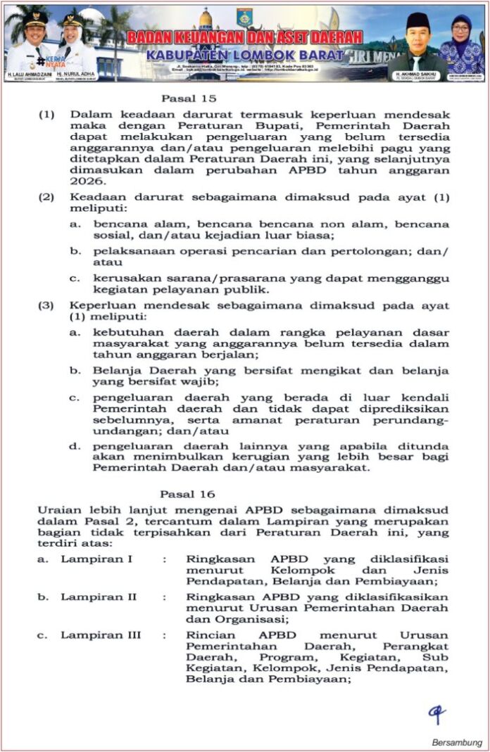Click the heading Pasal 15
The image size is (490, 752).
[189, 98]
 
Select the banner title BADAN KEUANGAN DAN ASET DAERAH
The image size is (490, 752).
[246, 37]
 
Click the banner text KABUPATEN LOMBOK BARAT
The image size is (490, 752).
[246, 55]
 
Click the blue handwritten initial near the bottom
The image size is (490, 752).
[437, 714]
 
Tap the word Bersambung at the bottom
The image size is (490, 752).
[457, 742]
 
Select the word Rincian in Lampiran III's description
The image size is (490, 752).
[209, 635]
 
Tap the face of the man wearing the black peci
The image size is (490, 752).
[418, 34]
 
